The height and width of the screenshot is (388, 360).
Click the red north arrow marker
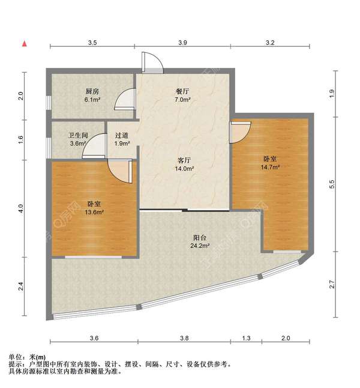(25, 44)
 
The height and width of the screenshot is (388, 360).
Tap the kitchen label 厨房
(92, 91)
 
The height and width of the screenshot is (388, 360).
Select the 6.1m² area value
(92, 100)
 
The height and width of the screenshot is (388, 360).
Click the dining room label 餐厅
(182, 91)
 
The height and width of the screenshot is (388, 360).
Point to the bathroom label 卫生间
(78, 135)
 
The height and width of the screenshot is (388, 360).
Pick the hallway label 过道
(122, 135)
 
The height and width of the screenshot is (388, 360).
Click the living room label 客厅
(184, 160)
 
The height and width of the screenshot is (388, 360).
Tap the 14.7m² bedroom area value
(270, 167)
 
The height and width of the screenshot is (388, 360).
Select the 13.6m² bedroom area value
(94, 212)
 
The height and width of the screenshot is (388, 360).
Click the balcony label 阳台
(200, 238)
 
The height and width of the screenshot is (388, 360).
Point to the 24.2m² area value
(200, 246)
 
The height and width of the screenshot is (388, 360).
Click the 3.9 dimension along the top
(183, 43)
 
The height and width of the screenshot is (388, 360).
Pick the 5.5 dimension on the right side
(332, 184)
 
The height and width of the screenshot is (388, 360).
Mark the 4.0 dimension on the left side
(20, 208)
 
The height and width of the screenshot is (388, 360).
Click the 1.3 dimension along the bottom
(246, 338)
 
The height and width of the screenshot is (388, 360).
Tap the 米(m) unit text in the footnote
(38, 357)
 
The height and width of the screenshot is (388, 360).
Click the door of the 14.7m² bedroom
(241, 132)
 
